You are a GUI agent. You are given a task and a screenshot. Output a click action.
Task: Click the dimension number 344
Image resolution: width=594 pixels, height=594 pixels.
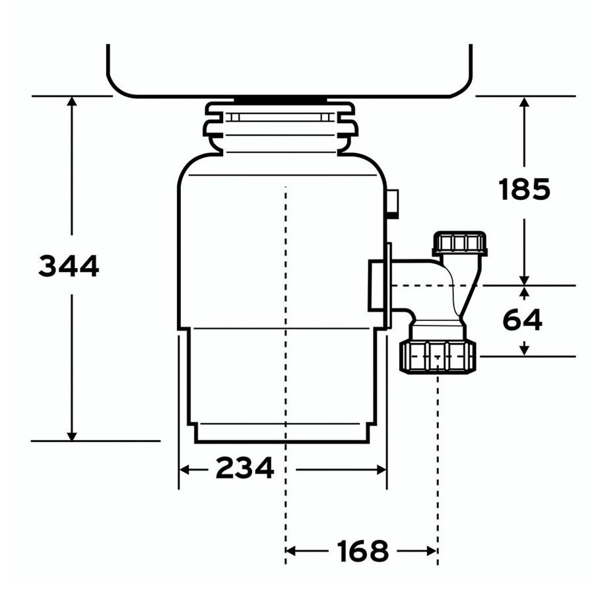coord(69,266)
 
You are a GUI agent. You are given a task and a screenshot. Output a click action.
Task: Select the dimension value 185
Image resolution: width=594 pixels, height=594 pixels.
coord(524,189)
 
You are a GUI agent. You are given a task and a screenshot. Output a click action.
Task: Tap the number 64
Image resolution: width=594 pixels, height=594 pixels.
coord(522,320)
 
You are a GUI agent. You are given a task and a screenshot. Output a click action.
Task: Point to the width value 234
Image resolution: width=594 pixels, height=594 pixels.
coord(245,468)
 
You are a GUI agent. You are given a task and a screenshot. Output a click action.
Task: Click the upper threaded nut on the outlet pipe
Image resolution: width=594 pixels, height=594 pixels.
coord(459,243)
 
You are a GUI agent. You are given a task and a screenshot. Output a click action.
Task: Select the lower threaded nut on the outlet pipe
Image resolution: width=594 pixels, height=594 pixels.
coord(437,356)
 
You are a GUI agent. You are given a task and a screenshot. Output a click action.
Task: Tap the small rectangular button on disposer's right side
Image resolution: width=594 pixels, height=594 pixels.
coord(393,204)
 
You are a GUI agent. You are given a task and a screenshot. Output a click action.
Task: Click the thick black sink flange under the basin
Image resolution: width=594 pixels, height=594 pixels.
coord(280,100)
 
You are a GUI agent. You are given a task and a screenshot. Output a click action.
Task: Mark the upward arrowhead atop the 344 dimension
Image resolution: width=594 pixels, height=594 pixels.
coord(71,101)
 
